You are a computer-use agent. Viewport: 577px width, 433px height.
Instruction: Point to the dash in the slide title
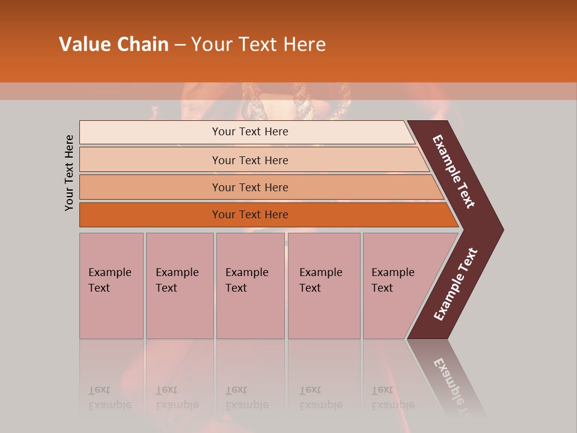(x=180, y=45)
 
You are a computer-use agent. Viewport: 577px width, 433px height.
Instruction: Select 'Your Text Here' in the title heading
(x=258, y=45)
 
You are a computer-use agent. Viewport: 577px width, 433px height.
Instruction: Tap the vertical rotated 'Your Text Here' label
(x=69, y=173)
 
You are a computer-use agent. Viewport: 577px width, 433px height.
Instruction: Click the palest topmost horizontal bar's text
(x=250, y=132)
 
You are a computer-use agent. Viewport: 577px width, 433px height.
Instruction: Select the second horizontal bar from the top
(x=250, y=160)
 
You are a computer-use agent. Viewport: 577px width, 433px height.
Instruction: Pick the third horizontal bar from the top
(x=250, y=187)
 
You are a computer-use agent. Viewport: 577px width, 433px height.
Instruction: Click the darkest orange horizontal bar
(x=250, y=215)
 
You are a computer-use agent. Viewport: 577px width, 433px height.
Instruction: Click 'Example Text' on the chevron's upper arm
(x=454, y=171)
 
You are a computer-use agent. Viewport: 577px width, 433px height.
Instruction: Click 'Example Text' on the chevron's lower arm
(x=456, y=284)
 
